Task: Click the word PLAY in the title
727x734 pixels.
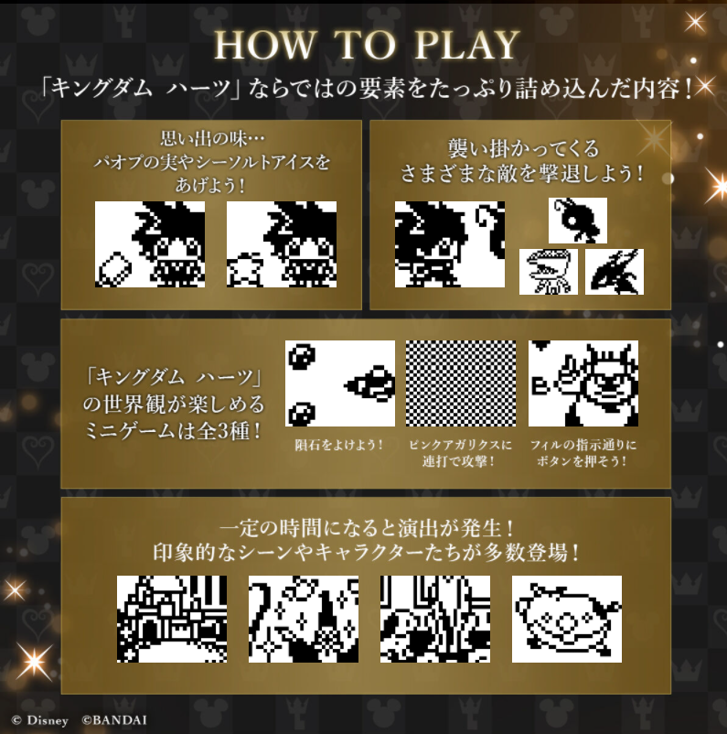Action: point(467,45)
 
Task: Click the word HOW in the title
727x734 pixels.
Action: point(265,45)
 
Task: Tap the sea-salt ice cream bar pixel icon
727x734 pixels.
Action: point(113,269)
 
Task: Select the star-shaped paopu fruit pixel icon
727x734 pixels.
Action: point(245,270)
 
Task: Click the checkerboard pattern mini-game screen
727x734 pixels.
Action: point(461,383)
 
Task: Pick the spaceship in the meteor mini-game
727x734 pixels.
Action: point(369,384)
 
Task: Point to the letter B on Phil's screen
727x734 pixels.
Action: point(540,385)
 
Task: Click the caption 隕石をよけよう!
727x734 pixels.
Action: point(339,445)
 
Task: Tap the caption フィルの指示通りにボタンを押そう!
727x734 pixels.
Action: point(583,453)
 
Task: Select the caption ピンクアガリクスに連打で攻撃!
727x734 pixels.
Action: point(460,453)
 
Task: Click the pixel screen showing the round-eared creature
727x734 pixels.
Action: point(567,619)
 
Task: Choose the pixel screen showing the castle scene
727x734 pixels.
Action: point(172,619)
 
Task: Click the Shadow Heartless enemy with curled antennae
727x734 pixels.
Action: point(578,220)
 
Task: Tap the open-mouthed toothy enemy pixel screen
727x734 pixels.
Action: point(549,272)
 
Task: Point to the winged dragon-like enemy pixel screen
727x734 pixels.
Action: point(615,272)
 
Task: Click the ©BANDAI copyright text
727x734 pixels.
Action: point(114,720)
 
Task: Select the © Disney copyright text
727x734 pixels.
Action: point(40,720)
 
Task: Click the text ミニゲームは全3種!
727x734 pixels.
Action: point(173,431)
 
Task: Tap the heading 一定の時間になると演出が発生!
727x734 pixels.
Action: point(368,528)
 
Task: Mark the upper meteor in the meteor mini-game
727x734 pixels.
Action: point(302,357)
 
